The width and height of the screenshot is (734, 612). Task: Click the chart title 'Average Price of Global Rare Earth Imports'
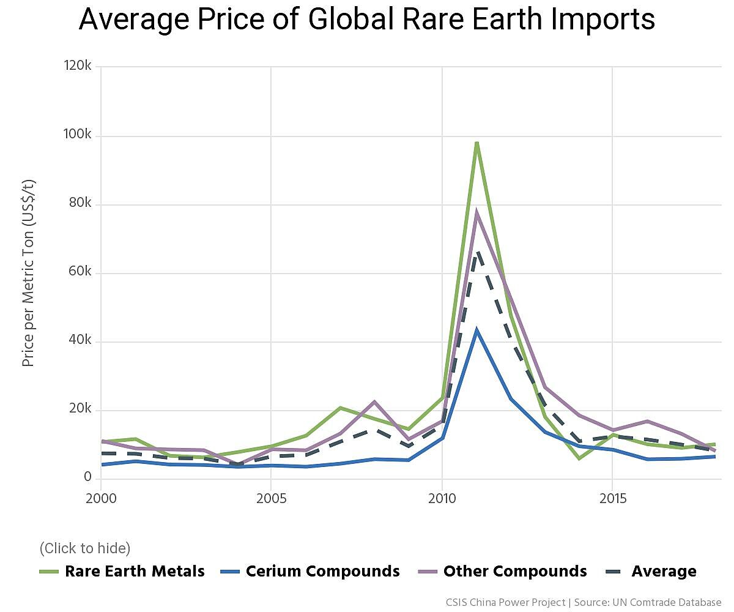click(x=367, y=20)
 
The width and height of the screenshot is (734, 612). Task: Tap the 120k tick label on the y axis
click(x=77, y=66)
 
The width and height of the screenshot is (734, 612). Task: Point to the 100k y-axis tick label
click(x=77, y=135)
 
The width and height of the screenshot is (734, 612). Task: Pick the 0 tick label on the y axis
click(x=87, y=477)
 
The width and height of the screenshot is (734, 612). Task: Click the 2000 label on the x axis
click(x=101, y=499)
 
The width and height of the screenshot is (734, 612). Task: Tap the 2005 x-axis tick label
click(x=271, y=499)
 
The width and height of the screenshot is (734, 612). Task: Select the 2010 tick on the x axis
click(x=442, y=499)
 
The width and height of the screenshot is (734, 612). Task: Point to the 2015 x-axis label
click(x=612, y=499)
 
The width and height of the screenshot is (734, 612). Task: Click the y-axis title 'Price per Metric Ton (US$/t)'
click(x=28, y=273)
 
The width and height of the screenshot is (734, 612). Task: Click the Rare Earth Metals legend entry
click(x=122, y=572)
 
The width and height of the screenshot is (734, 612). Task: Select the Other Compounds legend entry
click(x=503, y=572)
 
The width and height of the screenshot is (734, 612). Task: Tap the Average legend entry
click(x=653, y=572)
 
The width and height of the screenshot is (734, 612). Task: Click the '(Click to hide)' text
click(x=85, y=548)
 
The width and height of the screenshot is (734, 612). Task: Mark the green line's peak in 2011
click(x=476, y=143)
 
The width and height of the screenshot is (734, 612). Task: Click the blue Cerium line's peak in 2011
click(x=476, y=330)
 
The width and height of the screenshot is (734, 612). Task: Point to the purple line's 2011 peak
click(x=476, y=213)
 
